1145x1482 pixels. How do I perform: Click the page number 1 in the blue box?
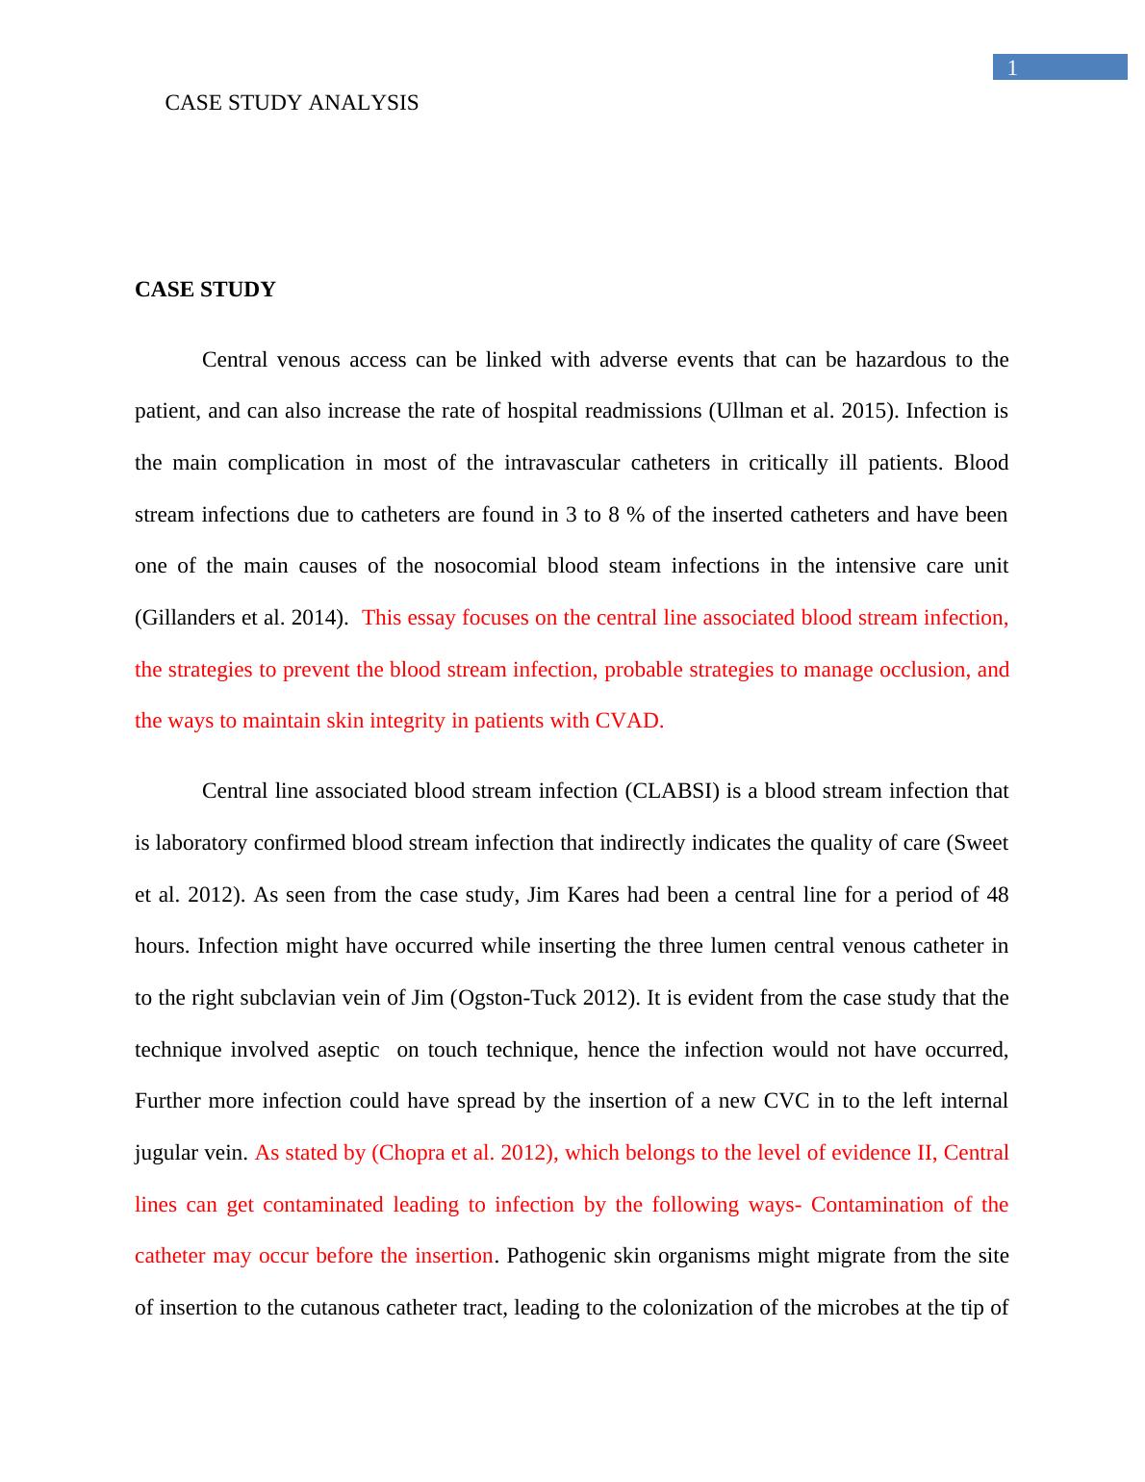(1011, 68)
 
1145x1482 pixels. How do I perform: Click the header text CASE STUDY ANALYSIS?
(292, 103)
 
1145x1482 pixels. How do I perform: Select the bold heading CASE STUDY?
(205, 290)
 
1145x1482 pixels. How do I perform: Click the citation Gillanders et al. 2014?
(241, 618)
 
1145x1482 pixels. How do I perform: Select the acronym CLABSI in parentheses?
(672, 791)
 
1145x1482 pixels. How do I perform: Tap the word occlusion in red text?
(925, 670)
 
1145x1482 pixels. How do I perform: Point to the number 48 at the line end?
(997, 895)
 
